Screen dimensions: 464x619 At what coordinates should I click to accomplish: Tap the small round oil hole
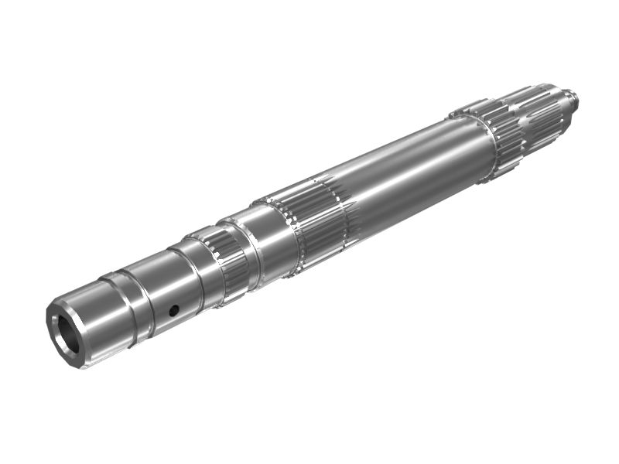pos(174,310)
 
